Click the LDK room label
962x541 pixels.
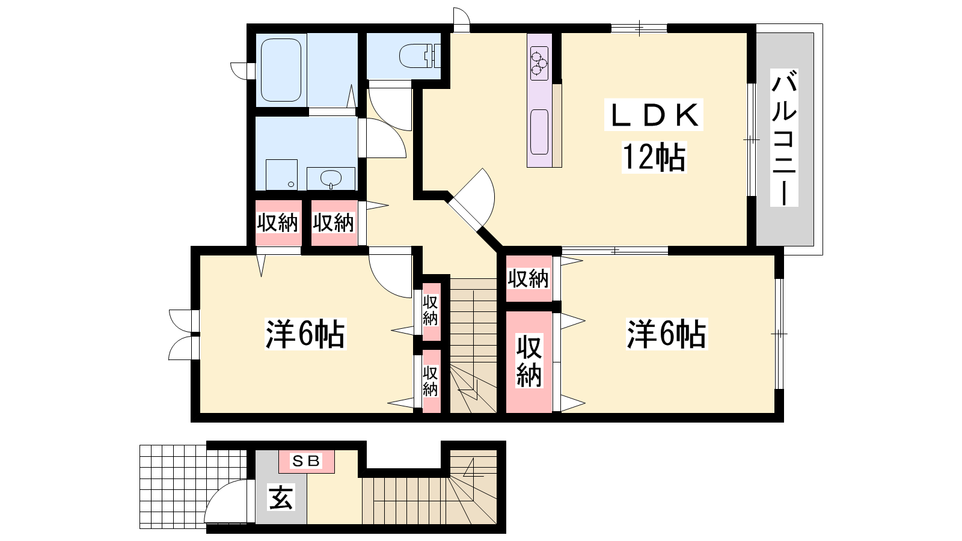coord(653,115)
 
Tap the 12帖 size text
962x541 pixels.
coord(654,157)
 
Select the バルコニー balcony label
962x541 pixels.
coord(784,138)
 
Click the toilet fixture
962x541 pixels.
coord(420,56)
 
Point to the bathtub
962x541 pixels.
coord(281,70)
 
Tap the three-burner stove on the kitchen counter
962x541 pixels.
coord(539,64)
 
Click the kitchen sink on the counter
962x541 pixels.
coord(539,132)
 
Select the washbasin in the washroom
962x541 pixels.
coord(331,178)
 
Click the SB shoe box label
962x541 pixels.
coord(306,461)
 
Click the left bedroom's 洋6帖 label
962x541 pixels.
coord(305,334)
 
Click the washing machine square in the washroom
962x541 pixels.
coord(282,175)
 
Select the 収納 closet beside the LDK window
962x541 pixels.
coord(528,279)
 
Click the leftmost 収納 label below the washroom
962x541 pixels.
coord(277,223)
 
